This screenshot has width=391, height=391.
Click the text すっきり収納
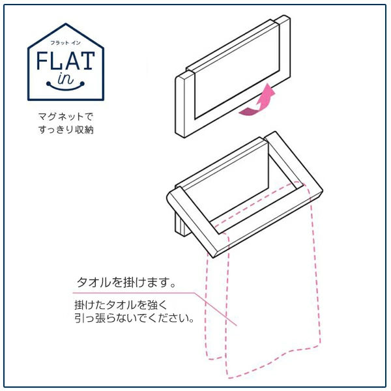tap(66, 130)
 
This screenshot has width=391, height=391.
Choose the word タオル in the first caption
tap(94, 283)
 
